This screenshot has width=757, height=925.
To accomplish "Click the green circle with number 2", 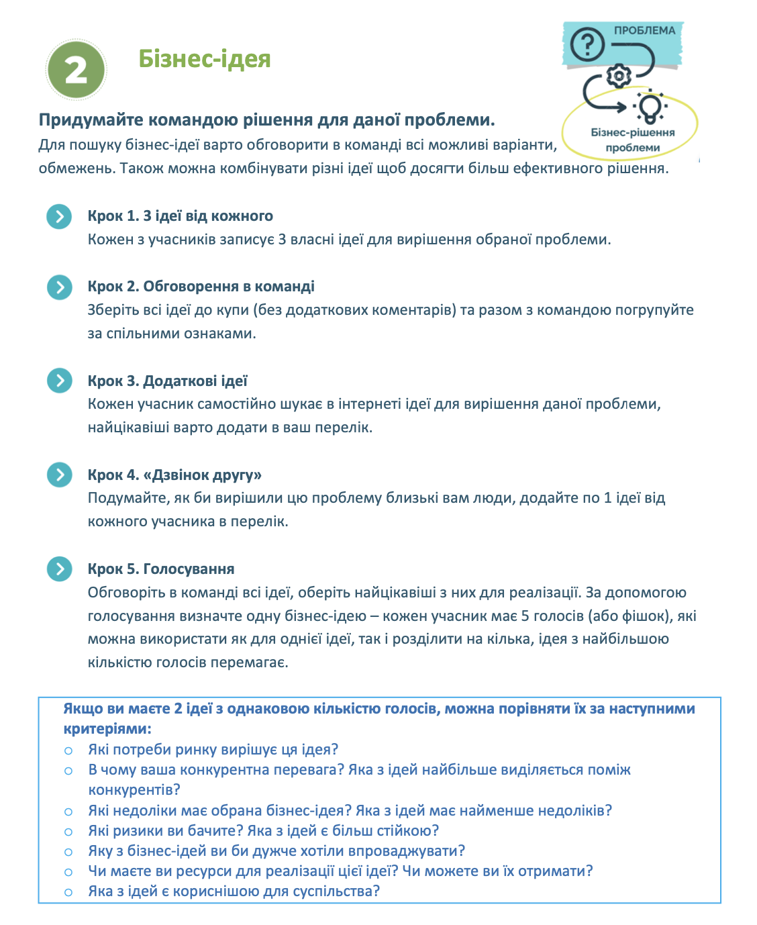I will pyautogui.click(x=76, y=70).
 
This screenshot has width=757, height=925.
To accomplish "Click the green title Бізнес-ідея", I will pyautogui.click(x=205, y=59).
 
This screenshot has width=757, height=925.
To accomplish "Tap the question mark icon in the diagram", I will pyautogui.click(x=587, y=46).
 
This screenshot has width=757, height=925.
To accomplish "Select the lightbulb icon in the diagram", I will pyautogui.click(x=649, y=106).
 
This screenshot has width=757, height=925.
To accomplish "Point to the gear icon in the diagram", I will pyautogui.click(x=618, y=75).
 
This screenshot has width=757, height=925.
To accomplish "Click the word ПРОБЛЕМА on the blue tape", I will pyautogui.click(x=644, y=30).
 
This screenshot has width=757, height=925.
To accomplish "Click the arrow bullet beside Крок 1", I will pyautogui.click(x=60, y=216).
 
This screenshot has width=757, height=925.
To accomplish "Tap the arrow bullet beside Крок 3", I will pyautogui.click(x=60, y=381).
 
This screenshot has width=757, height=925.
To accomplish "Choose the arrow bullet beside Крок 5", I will pyautogui.click(x=60, y=569).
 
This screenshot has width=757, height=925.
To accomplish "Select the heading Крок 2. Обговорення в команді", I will pyautogui.click(x=201, y=287).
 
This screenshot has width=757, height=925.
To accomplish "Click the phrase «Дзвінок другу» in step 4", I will pyautogui.click(x=202, y=475).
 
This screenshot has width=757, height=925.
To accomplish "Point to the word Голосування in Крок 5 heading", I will pyautogui.click(x=189, y=569).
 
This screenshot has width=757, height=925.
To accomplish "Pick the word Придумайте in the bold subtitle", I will pyautogui.click(x=91, y=120).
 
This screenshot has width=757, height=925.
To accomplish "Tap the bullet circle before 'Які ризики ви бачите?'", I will pyautogui.click(x=68, y=832).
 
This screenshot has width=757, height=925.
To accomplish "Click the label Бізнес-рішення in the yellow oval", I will pyautogui.click(x=632, y=132).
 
